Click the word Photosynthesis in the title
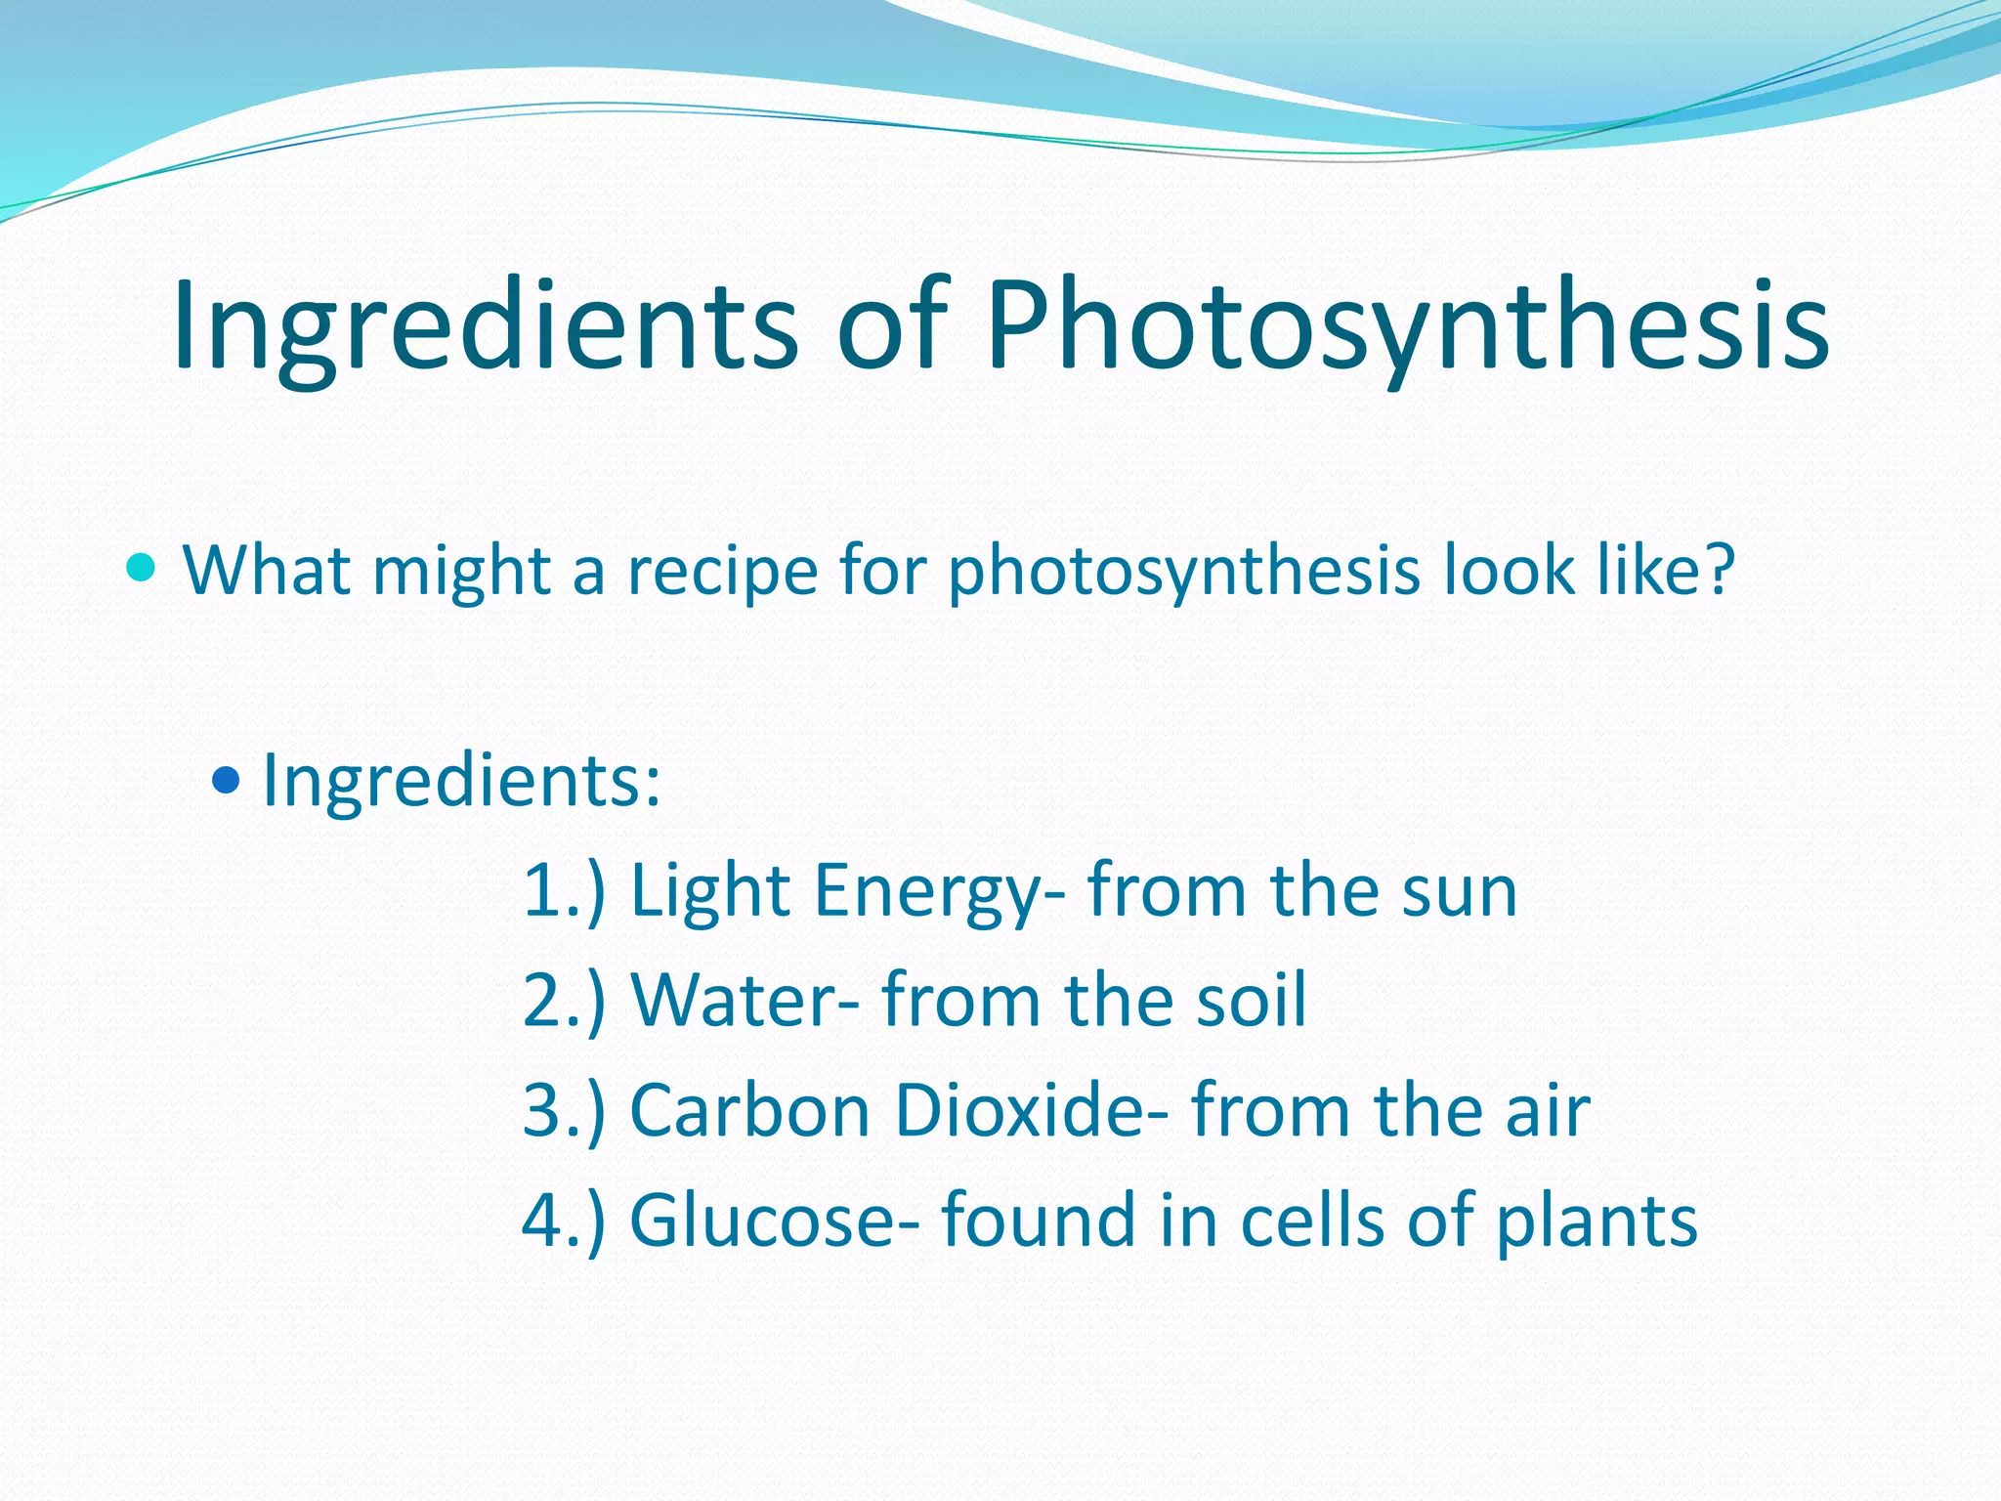[1407, 327]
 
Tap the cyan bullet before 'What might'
[142, 566]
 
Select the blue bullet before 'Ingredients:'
[226, 780]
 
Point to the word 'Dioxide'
[1032, 1111]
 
